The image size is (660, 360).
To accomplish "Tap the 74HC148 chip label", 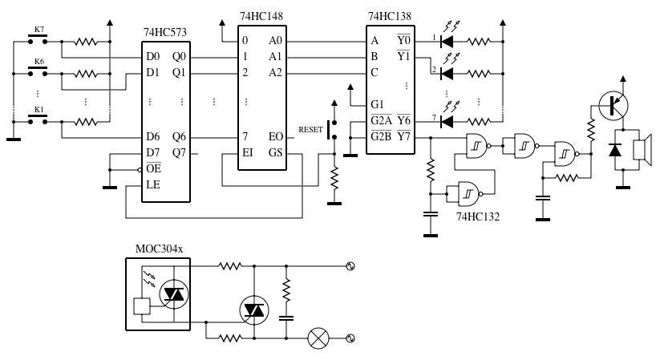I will [261, 15].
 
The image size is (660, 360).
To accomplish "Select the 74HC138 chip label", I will [391, 15].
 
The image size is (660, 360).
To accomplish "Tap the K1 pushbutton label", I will [37, 109].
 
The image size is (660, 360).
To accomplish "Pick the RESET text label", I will [311, 128].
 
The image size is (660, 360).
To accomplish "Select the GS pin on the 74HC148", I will [275, 153].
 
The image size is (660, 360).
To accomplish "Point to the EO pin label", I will [275, 137].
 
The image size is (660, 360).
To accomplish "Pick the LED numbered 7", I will [447, 121].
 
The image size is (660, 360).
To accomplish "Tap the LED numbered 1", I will [447, 39].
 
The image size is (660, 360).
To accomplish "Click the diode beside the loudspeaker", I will [615, 151].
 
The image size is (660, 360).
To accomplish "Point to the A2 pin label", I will [275, 73].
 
